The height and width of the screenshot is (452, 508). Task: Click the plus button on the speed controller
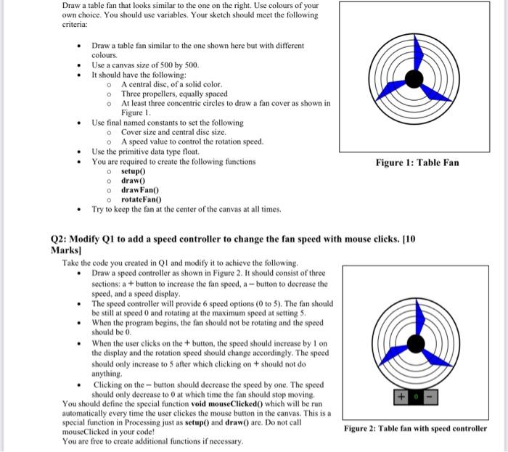click(x=400, y=397)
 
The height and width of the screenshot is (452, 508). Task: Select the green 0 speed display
click(x=414, y=397)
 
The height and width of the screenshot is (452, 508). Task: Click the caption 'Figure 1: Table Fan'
click(x=417, y=163)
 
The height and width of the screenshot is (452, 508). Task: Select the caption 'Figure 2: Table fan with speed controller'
click(x=416, y=428)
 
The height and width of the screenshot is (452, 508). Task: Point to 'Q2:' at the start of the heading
click(x=60, y=238)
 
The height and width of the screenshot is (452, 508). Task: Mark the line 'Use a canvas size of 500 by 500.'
click(x=145, y=65)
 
